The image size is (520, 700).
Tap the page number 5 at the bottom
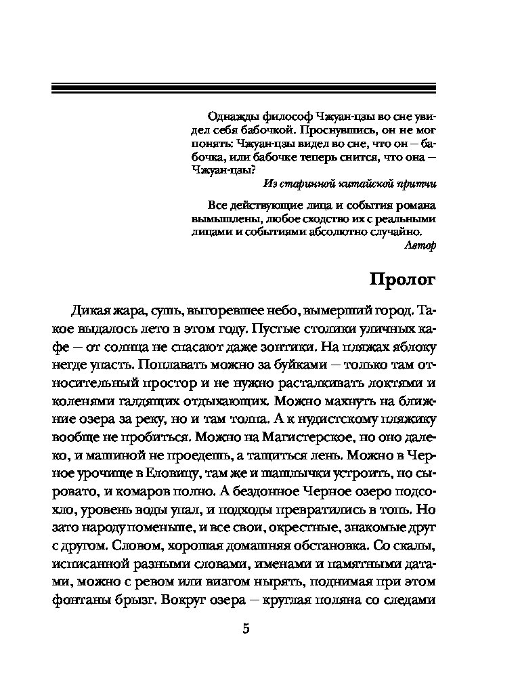coord(246,628)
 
